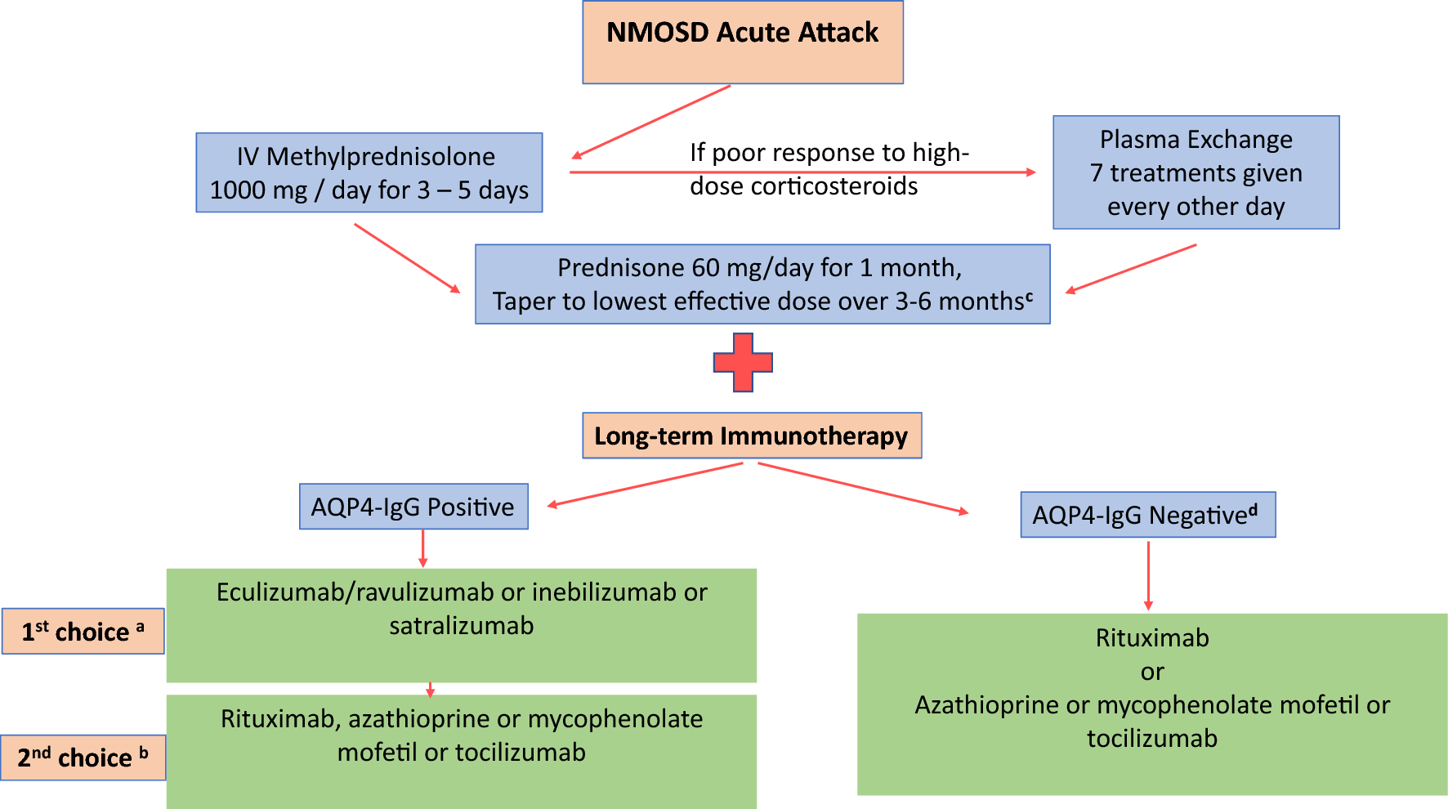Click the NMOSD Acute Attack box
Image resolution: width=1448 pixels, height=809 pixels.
743,42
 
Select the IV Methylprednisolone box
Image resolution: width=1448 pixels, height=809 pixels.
369,172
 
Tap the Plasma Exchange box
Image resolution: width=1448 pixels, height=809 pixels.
1195,172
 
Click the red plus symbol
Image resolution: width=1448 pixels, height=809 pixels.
743,362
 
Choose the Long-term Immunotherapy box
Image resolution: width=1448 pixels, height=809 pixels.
752,436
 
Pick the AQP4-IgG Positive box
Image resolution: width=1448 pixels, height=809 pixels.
413,507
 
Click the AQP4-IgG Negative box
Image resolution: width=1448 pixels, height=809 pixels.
1147,515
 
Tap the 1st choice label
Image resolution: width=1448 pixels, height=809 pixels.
83,631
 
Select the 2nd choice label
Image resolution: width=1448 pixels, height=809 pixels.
83,758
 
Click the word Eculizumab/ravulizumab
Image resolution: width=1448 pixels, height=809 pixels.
355,592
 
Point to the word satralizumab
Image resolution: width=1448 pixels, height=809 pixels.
461,626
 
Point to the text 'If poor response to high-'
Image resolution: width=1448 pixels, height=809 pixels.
829,153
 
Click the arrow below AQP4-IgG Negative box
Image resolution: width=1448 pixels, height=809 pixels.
1148,575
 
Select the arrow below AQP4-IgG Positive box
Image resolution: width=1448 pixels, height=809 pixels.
422,548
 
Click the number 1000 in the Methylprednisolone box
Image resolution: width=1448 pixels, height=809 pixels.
237,190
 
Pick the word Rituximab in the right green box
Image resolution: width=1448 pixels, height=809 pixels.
1152,638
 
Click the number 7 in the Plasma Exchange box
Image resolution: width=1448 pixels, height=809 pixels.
1097,173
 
